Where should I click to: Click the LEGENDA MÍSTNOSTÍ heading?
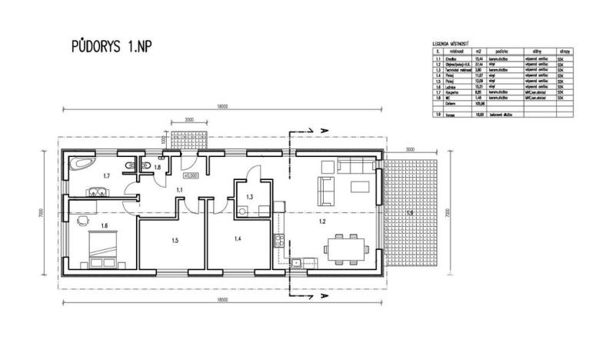coord(451,45)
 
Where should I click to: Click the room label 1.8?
coord(156,167)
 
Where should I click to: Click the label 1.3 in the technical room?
coord(249,198)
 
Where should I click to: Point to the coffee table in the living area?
coord(358,185)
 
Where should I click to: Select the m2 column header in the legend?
coord(478,52)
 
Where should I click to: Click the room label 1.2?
coord(323,222)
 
